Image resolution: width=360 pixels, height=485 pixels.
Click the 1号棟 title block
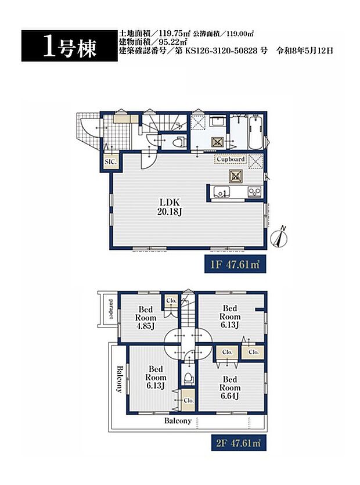point(69,46)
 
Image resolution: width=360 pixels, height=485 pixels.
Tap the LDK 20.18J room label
point(170,207)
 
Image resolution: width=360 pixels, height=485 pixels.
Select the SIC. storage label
point(110,162)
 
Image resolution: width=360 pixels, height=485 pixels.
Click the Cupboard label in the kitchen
point(231,159)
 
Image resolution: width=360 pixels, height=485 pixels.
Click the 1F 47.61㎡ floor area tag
point(235,265)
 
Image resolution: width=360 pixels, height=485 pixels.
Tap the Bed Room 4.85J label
point(145,318)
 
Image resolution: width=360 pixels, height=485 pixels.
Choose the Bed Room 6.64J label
point(230,387)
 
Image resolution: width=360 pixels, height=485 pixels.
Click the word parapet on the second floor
point(111,308)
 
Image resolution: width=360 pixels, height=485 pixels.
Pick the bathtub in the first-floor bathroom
point(256,132)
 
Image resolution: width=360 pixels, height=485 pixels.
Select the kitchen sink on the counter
point(221,192)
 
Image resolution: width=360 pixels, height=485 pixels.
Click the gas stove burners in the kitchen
point(255,192)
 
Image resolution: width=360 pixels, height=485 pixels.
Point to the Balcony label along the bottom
point(178,421)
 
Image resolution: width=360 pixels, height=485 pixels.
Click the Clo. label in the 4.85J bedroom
point(171,300)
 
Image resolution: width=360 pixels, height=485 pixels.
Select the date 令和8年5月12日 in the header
point(305,51)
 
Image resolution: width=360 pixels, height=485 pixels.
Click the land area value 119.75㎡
point(174,34)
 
